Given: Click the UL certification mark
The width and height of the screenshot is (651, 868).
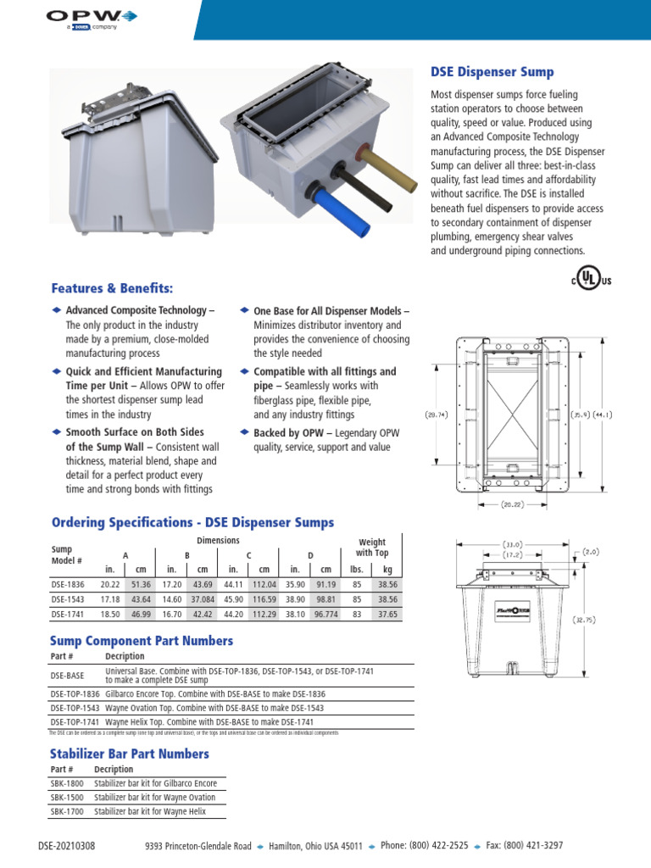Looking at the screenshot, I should pyautogui.click(x=593, y=280).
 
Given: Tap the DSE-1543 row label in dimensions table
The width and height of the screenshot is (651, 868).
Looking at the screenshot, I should pyautogui.click(x=68, y=599).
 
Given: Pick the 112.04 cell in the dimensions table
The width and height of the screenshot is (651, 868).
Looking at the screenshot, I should pyautogui.click(x=264, y=585).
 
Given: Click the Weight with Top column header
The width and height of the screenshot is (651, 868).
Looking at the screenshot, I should pyautogui.click(x=371, y=548).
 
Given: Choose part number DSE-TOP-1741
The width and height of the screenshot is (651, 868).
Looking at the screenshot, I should pyautogui.click(x=75, y=721).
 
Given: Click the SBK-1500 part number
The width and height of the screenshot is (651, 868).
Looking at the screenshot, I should pyautogui.click(x=67, y=798).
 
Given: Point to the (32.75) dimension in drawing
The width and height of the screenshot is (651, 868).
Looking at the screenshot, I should pyautogui.click(x=584, y=620).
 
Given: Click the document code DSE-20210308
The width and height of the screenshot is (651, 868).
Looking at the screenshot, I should pyautogui.click(x=67, y=846).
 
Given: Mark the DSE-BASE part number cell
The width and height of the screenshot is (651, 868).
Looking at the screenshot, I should pyautogui.click(x=67, y=676).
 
